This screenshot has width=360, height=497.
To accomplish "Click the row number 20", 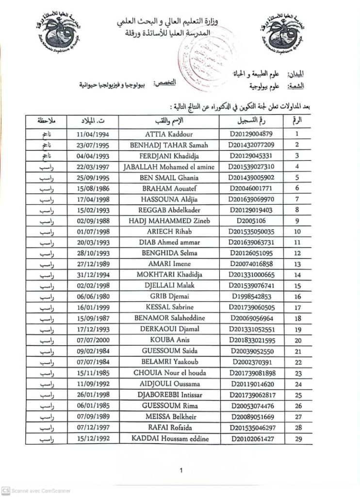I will pyautogui.click(x=298, y=340).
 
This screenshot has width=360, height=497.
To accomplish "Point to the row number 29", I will pyautogui.click(x=298, y=439).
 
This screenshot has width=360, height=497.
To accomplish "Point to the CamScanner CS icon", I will pyautogui.click(x=5, y=491).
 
